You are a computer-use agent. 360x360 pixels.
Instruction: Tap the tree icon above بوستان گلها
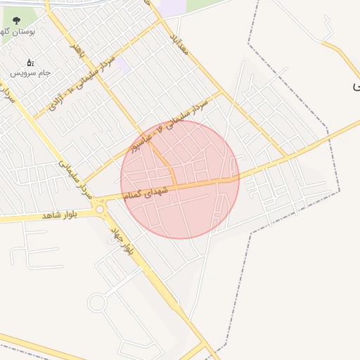pyautogui.click(x=17, y=21)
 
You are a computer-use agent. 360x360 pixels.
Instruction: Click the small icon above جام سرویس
pyautogui.click(x=30, y=63)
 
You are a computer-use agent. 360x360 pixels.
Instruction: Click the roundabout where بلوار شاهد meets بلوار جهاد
pyautogui.click(x=99, y=209)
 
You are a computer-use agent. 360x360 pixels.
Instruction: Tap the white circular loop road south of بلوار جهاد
pyautogui.click(x=96, y=303)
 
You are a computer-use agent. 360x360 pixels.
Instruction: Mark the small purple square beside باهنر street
pyautogui.click(x=122, y=66)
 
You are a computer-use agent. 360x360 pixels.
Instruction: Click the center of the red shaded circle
pyautogui.click(x=180, y=179)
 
